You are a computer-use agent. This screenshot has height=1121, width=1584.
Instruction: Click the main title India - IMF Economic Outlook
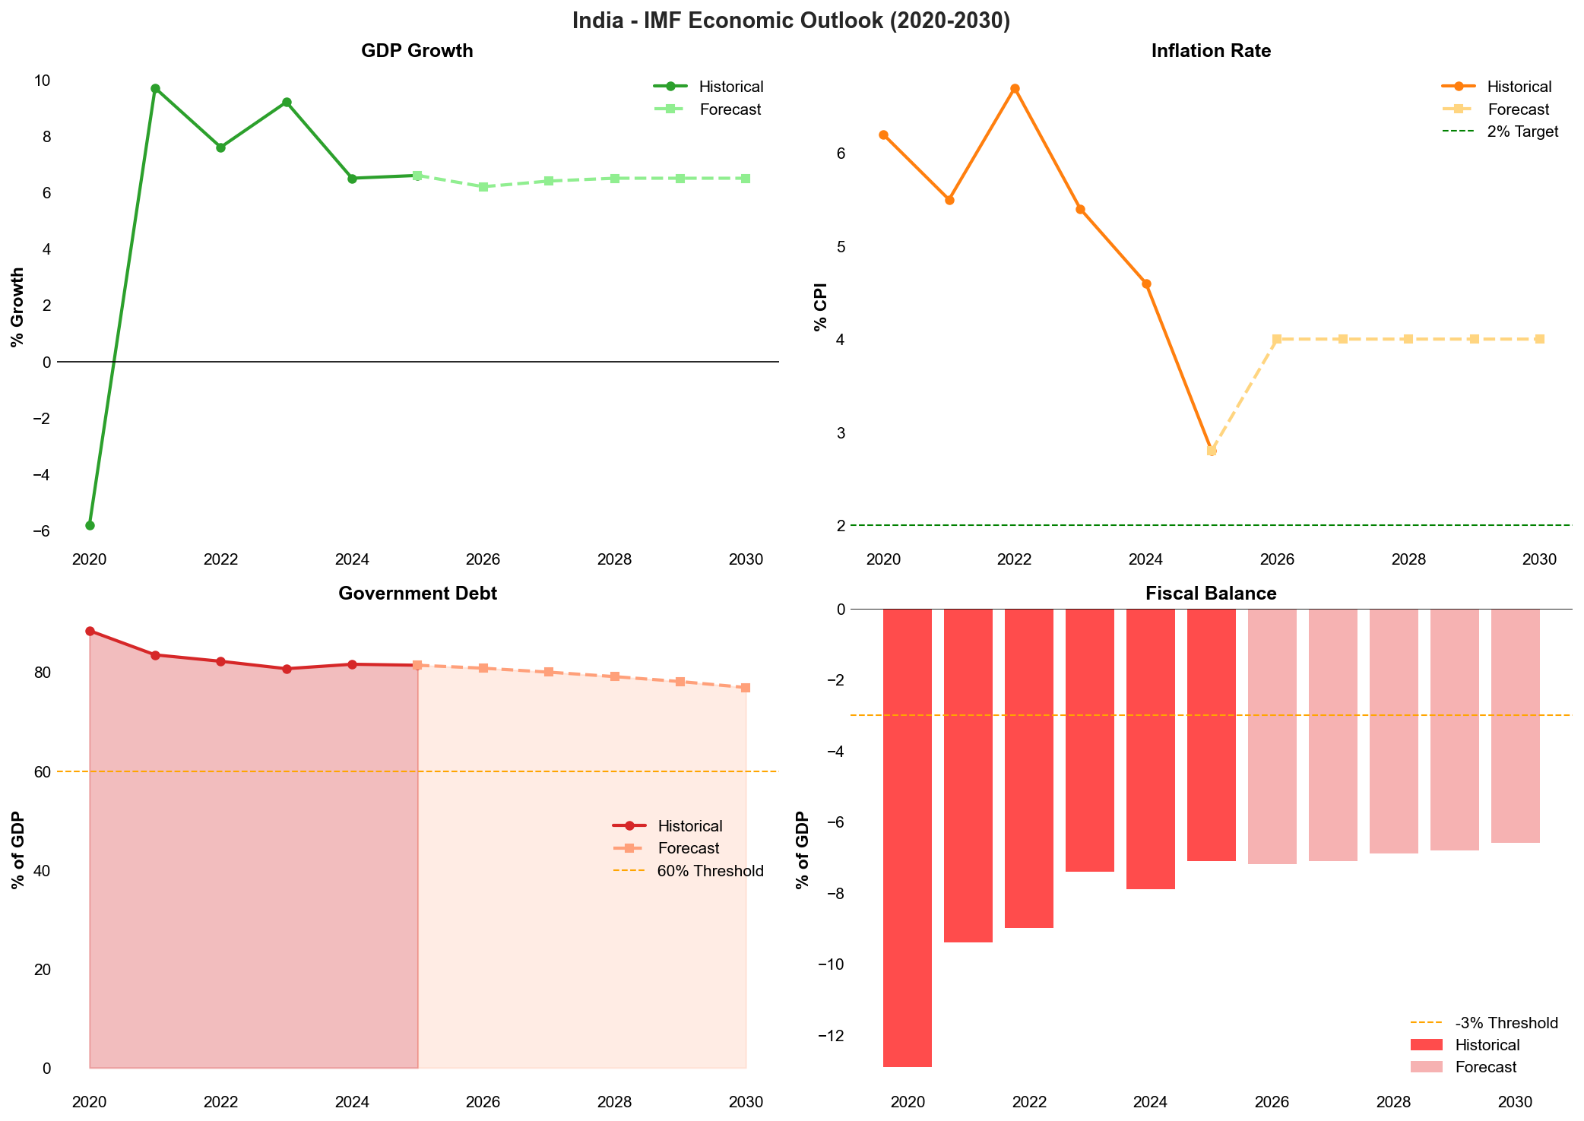click(791, 21)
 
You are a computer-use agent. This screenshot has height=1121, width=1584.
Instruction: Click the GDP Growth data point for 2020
click(90, 525)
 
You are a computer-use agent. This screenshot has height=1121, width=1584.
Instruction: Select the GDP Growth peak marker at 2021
click(155, 88)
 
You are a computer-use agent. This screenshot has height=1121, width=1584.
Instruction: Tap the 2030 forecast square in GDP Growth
click(746, 179)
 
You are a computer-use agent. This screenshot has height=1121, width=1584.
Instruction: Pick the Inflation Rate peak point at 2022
click(1015, 88)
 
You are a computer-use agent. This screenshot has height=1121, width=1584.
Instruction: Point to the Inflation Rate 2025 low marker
click(1212, 451)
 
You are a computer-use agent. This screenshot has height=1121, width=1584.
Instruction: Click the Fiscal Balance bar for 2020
click(908, 836)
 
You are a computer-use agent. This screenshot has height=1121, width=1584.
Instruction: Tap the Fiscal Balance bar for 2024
click(1151, 749)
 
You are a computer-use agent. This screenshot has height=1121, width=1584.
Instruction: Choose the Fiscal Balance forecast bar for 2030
click(1516, 726)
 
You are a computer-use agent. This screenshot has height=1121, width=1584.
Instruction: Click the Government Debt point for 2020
click(90, 631)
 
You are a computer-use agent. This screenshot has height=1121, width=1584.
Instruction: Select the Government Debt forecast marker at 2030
click(746, 688)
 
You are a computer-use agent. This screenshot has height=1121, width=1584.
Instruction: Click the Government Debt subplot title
click(417, 594)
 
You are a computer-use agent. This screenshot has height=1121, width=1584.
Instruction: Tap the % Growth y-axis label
click(17, 307)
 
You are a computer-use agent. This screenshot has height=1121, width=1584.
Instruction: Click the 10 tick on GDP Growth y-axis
click(43, 81)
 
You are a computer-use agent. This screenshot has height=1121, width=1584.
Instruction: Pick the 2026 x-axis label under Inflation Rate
click(1277, 560)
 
